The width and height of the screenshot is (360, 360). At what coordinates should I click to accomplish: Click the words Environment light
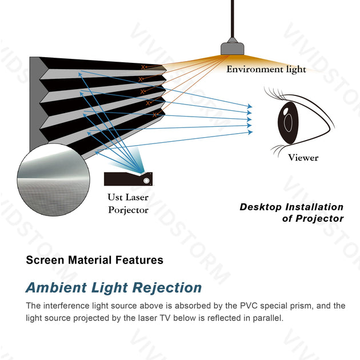266,70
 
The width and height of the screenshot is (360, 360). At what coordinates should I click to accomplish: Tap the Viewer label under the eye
303,157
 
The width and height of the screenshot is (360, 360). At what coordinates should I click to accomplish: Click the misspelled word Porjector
128,210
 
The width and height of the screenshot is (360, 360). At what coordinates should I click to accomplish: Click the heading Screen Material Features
94,260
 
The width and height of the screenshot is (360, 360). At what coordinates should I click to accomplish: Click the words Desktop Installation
291,207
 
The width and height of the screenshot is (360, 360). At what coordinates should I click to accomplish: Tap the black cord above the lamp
232,17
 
